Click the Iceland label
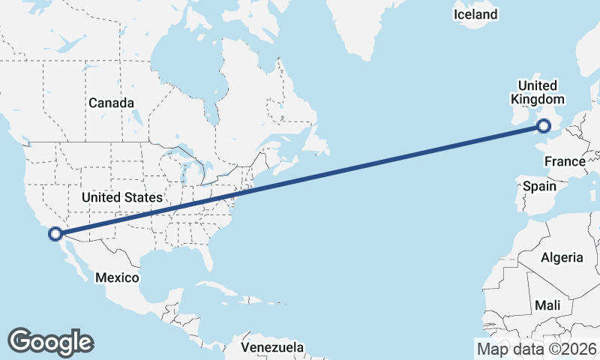point(475,14)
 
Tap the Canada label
point(111,103)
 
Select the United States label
point(121,197)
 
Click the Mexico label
point(117,277)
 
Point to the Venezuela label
point(273,347)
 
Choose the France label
point(564,161)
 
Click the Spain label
point(539,185)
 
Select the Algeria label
point(562,257)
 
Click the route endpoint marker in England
point(544,127)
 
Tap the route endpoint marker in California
point(55,234)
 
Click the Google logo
point(50,341)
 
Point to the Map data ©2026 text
point(536,349)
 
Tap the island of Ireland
point(517,120)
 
